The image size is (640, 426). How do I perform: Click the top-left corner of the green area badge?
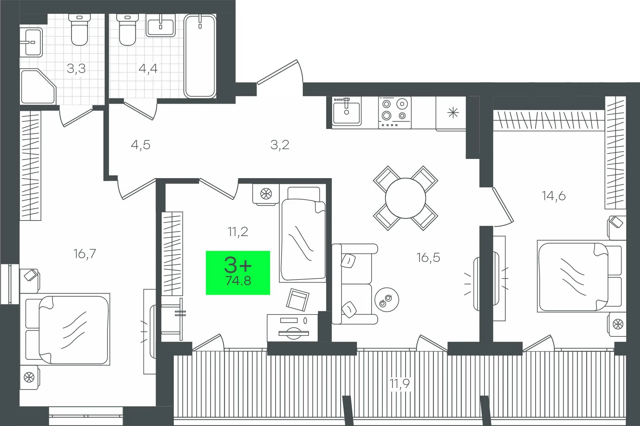tap(206, 251)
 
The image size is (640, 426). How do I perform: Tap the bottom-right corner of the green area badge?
tap(270, 295)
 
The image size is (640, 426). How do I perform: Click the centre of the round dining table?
tap(406, 198)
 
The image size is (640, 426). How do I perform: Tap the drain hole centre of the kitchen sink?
tap(346, 112)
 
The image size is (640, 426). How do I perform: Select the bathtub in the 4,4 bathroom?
tap(200, 56)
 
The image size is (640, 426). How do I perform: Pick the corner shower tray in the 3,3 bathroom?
tap(38, 87)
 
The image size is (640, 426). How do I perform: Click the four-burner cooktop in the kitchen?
tap(395, 112)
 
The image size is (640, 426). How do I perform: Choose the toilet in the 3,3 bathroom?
tap(79, 29)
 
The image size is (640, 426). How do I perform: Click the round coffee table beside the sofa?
tap(387, 299)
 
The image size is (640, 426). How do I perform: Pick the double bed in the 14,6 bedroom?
tap(579, 276)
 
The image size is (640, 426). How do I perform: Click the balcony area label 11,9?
tap(400, 383)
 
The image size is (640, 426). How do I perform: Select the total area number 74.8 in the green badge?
tap(238, 281)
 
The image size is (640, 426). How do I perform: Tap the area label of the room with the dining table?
tap(428, 258)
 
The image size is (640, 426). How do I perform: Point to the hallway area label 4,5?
tap(140, 145)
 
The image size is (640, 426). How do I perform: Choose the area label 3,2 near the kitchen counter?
tap(280, 145)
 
